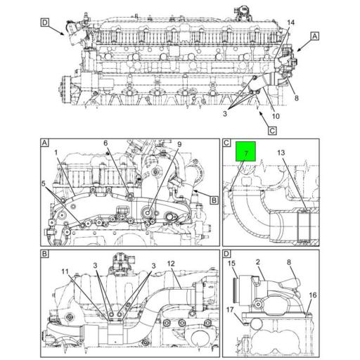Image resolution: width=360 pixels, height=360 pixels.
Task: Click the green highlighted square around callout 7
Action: (x=245, y=151)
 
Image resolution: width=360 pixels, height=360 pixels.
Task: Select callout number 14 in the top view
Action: (x=290, y=22)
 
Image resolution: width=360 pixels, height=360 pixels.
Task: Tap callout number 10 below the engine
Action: (x=276, y=116)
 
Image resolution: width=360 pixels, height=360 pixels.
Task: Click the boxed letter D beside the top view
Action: (x=44, y=22)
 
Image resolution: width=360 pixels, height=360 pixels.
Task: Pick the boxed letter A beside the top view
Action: (x=315, y=37)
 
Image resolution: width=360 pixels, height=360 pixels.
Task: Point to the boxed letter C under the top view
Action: (x=272, y=131)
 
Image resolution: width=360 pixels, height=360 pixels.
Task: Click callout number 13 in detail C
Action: (x=281, y=153)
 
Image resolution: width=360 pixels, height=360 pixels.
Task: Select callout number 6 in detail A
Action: (x=105, y=143)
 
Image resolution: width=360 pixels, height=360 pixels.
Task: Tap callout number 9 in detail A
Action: (x=179, y=144)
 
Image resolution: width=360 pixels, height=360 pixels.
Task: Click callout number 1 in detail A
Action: (x=56, y=153)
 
